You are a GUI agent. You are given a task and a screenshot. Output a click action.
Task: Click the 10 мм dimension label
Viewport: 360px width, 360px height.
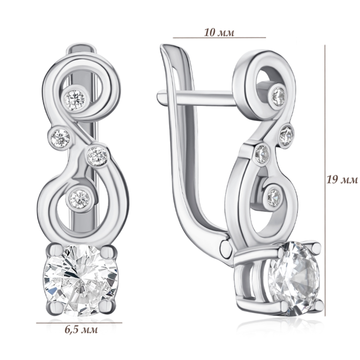[x=219, y=32]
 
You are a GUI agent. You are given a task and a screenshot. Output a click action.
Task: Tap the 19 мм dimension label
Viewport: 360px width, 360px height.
[x=343, y=179]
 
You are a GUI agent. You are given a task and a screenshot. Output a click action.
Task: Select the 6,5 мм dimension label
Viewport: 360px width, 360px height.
[x=81, y=330]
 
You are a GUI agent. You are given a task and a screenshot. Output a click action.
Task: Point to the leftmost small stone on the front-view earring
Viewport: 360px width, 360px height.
[x=60, y=138]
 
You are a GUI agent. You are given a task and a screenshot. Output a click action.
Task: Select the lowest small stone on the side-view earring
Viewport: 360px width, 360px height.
[x=274, y=197]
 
